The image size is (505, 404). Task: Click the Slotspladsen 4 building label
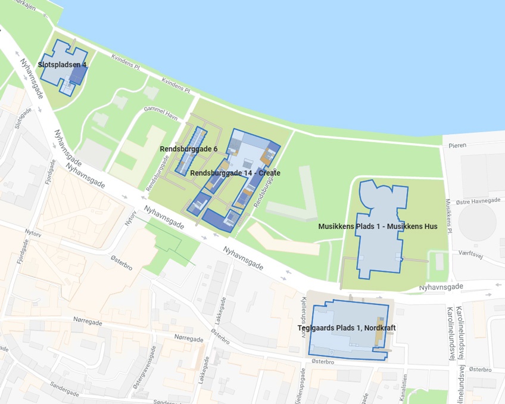pyautogui.click(x=63, y=64)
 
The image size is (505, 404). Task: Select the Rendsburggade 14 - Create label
pyautogui.click(x=235, y=173)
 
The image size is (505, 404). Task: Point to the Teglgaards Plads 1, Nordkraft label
pyautogui.click(x=347, y=328)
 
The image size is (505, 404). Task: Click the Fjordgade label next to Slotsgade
pyautogui.click(x=48, y=171)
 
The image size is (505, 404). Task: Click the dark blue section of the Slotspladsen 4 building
pyautogui.click(x=77, y=74)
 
